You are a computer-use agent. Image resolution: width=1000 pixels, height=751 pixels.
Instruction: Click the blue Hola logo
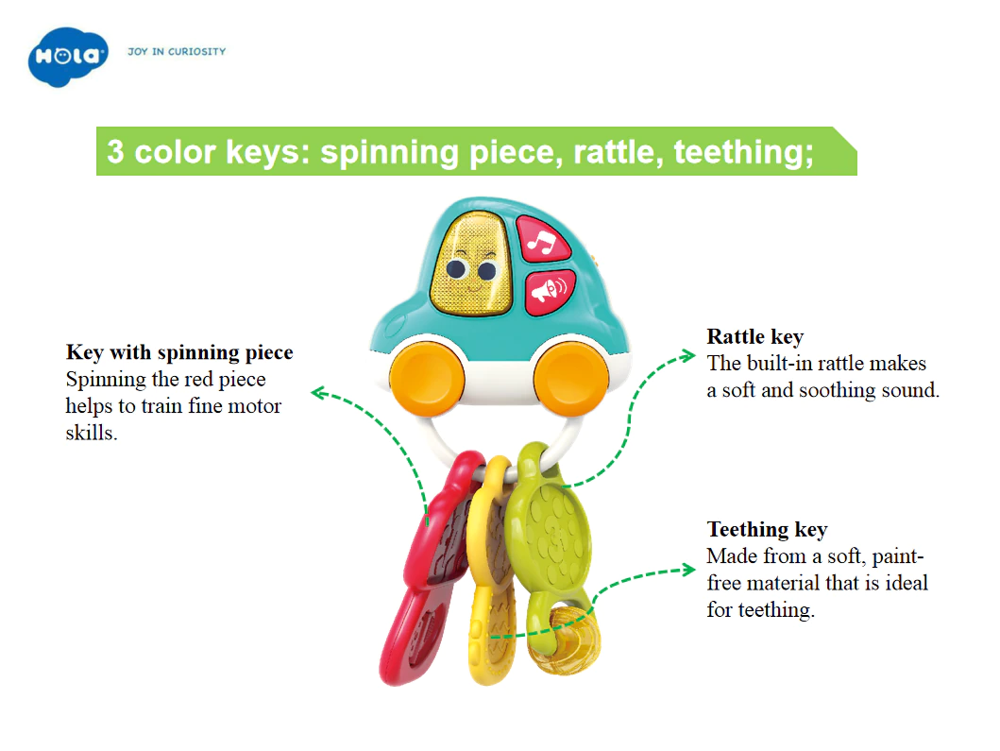(x=68, y=56)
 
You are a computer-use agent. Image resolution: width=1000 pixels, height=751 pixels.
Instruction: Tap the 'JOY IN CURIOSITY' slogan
(x=177, y=52)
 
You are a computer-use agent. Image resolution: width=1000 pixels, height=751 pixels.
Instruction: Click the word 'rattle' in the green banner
(x=615, y=152)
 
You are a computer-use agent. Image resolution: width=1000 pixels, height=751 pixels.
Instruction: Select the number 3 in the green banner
(x=115, y=152)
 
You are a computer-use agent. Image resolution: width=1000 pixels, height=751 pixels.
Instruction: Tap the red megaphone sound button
(x=550, y=292)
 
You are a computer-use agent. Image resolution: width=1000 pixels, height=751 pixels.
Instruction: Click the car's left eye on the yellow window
(x=456, y=269)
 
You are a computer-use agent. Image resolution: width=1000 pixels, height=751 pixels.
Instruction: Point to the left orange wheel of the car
(x=426, y=379)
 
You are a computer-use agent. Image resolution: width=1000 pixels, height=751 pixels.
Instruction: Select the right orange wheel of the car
(x=570, y=379)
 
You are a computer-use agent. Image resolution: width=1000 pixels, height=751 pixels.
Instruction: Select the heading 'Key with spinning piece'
(x=179, y=352)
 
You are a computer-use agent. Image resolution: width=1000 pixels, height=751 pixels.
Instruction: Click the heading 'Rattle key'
(x=755, y=336)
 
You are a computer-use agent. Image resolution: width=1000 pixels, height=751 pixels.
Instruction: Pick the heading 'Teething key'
(x=767, y=529)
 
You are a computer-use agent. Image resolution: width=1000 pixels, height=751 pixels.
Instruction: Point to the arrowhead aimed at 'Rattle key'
(x=687, y=356)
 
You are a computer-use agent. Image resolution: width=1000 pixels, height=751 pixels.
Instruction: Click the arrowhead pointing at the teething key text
(x=687, y=569)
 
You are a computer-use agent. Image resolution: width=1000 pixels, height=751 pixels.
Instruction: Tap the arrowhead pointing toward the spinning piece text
(x=319, y=393)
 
